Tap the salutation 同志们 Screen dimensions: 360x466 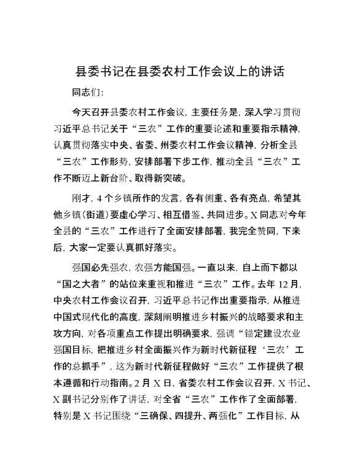[87, 93]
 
